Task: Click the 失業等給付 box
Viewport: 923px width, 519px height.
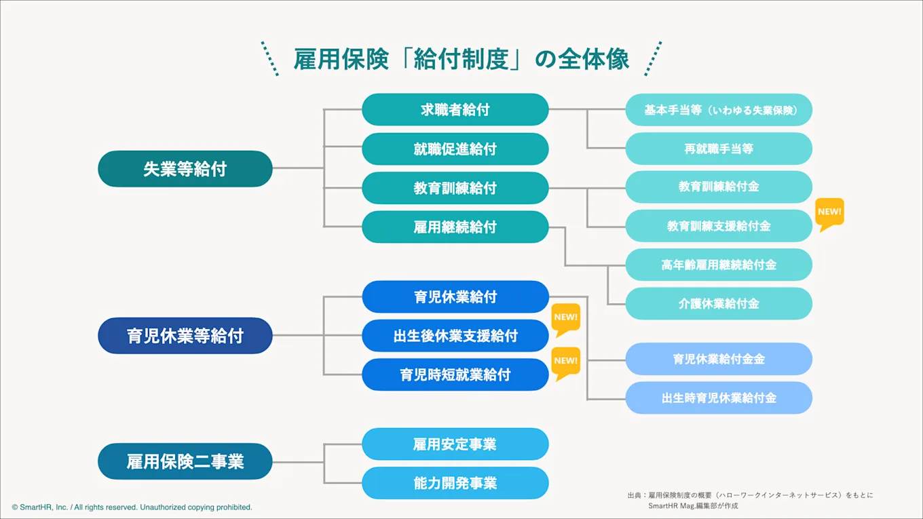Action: coord(185,169)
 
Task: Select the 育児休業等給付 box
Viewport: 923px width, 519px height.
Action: coord(185,335)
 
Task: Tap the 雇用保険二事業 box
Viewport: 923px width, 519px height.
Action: coord(185,462)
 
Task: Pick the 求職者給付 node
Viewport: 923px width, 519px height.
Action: coord(455,110)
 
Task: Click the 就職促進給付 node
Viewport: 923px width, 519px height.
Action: coord(455,149)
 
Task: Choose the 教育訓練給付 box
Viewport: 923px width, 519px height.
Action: coord(455,188)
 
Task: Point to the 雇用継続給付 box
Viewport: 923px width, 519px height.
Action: coord(455,227)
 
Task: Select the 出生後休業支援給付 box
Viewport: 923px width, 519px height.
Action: coord(455,336)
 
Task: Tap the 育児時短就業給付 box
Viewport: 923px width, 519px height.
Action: coord(455,374)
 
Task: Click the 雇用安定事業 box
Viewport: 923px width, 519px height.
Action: coord(455,444)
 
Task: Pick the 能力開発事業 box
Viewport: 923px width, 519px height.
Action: coord(455,483)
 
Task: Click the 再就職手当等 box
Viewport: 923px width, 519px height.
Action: coord(719,149)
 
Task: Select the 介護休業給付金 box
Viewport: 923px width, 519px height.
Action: coord(719,304)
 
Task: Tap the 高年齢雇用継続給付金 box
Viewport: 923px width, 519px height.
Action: coord(719,265)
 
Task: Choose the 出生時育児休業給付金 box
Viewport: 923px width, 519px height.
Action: coord(719,398)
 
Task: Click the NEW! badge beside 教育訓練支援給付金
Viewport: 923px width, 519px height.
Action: coord(829,212)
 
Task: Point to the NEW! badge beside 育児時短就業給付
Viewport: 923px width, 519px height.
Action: coord(565,361)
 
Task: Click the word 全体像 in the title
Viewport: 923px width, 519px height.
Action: coord(594,59)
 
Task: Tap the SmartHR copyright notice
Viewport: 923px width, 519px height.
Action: coord(132,507)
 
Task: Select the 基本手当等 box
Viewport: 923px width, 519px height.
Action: coord(719,110)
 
